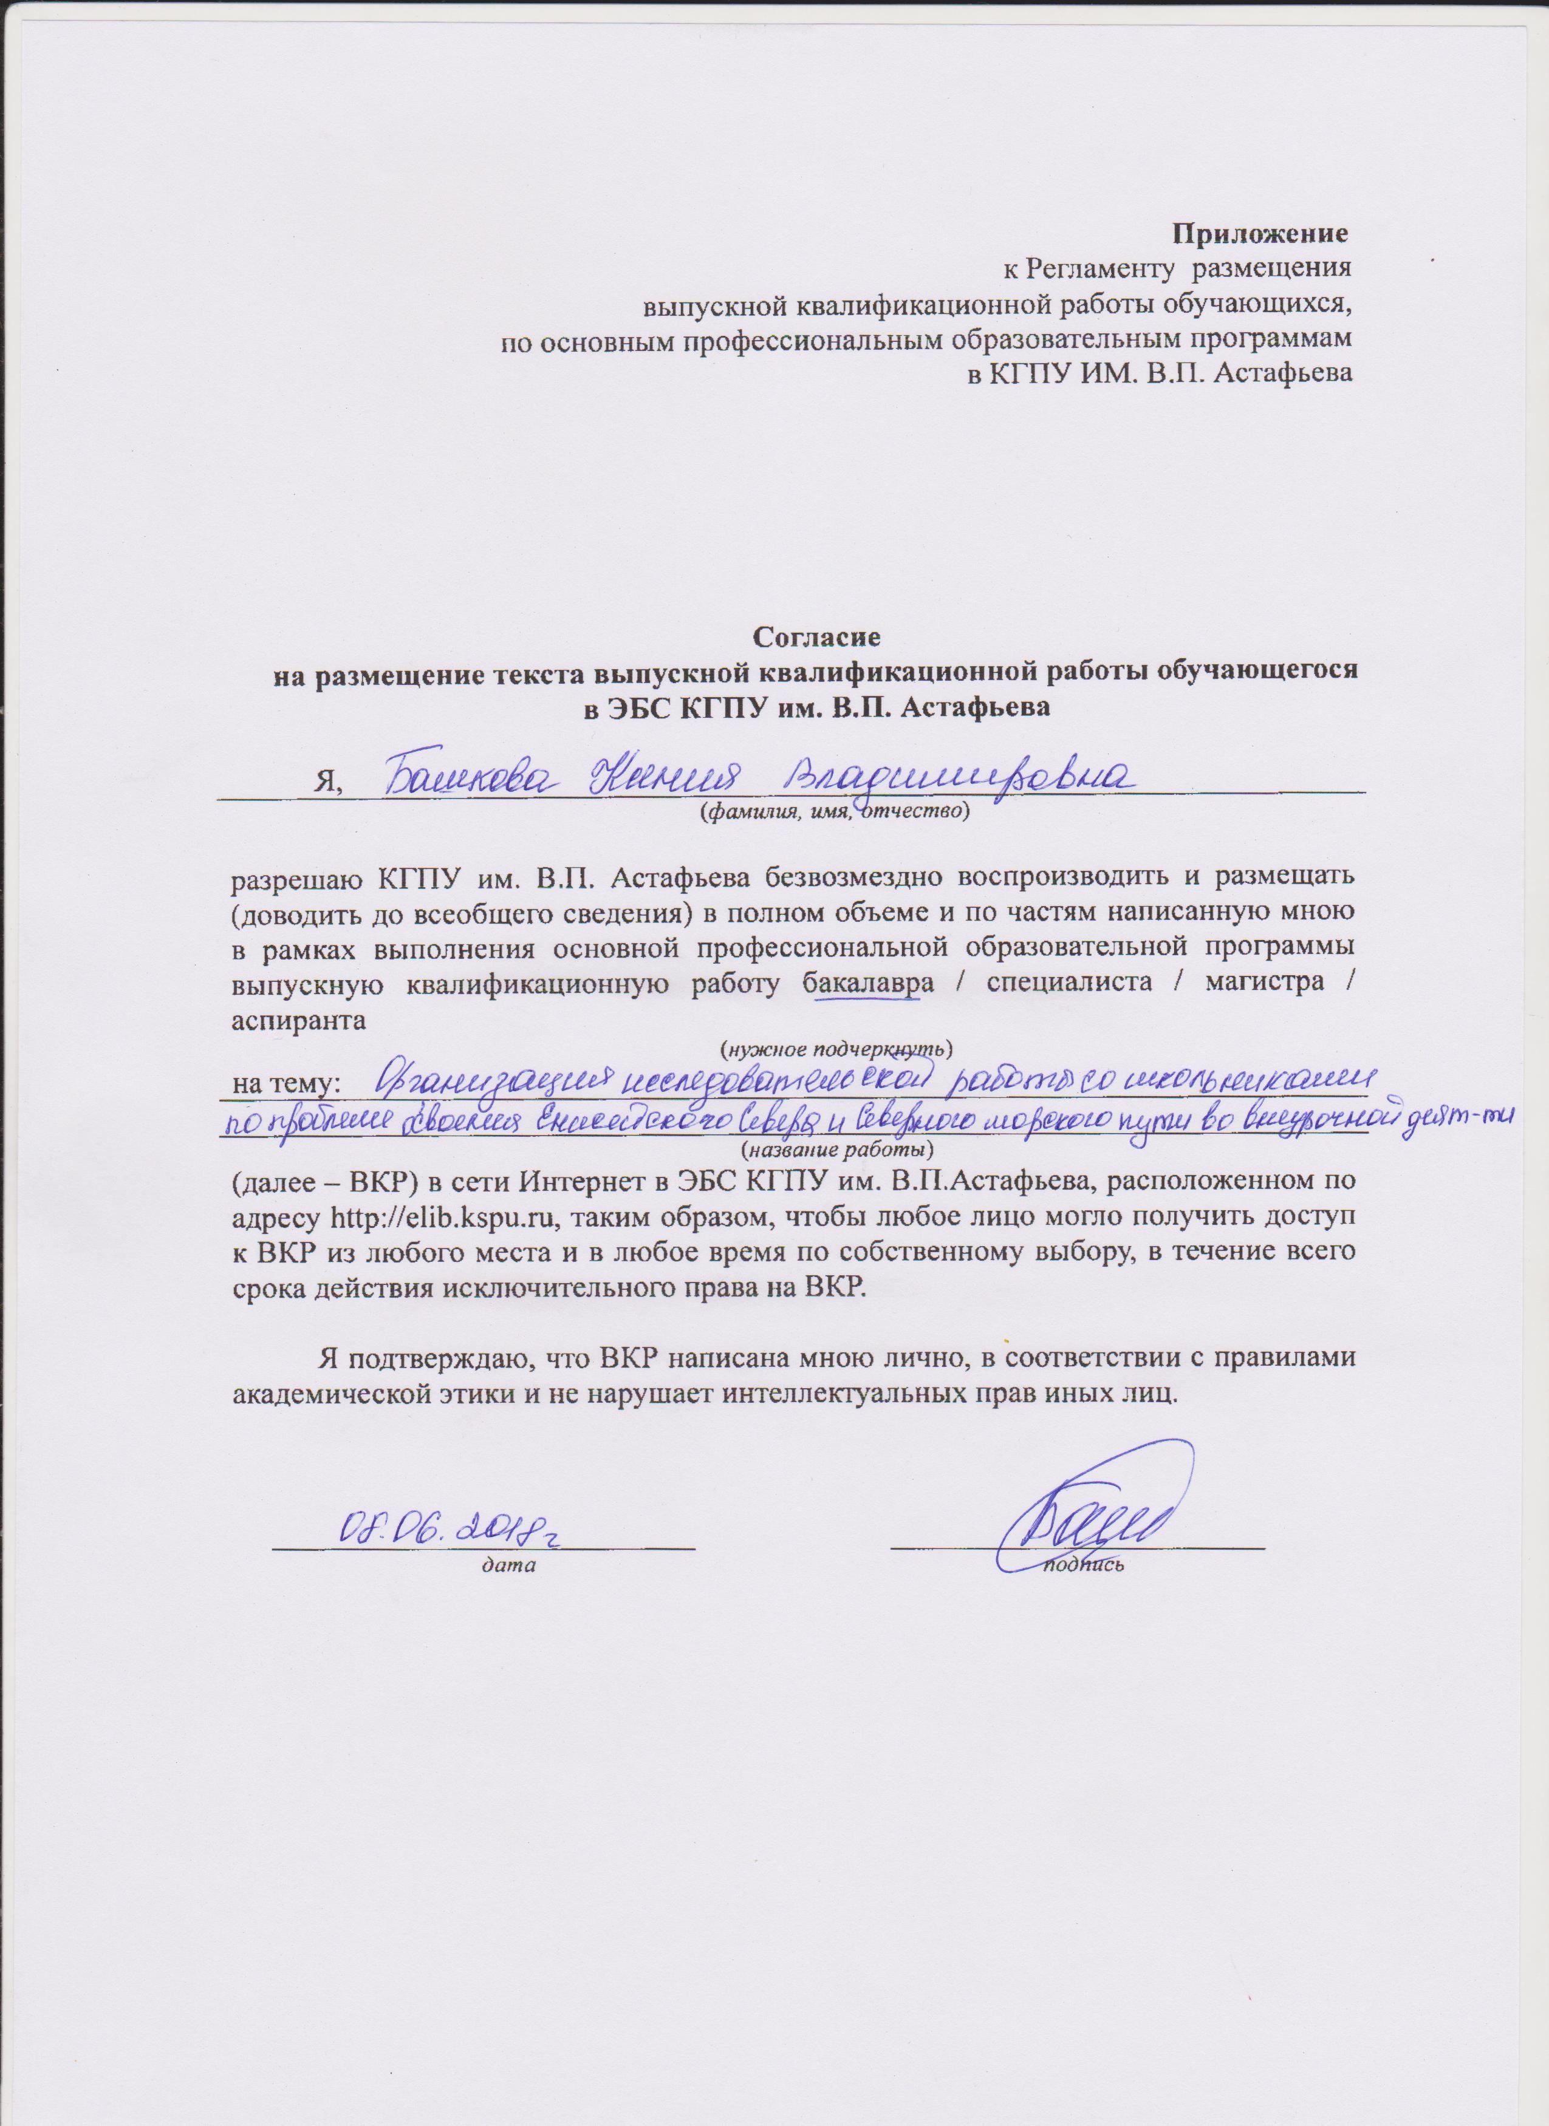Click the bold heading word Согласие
point(816,636)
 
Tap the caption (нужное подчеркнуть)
point(835,1044)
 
